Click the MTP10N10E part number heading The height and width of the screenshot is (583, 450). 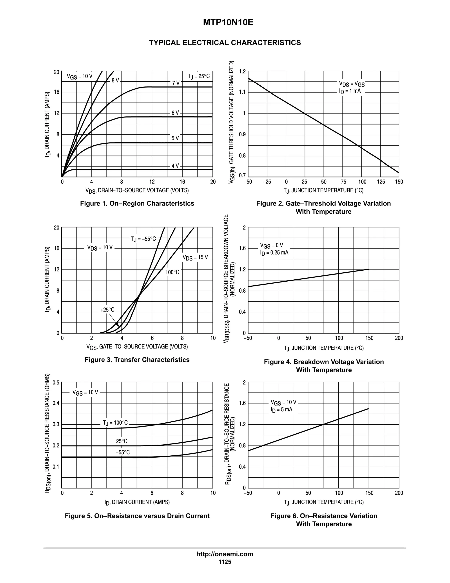pyautogui.click(x=228, y=23)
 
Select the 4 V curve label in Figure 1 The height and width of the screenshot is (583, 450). pyautogui.click(x=175, y=166)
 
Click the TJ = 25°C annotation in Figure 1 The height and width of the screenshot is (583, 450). pyautogui.click(x=199, y=77)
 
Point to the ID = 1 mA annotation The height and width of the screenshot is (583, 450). pyautogui.click(x=350, y=91)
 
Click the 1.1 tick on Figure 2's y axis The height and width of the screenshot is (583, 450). pyautogui.click(x=242, y=92)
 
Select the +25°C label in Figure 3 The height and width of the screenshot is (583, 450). pyautogui.click(x=107, y=310)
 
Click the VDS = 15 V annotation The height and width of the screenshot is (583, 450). pyautogui.click(x=195, y=257)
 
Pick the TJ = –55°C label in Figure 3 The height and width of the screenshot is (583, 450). pyautogui.click(x=143, y=239)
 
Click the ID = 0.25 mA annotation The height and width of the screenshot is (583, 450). pyautogui.click(x=274, y=253)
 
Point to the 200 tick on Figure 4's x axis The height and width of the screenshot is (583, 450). pyautogui.click(x=399, y=338)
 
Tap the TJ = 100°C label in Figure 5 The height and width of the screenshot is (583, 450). pyautogui.click(x=115, y=423)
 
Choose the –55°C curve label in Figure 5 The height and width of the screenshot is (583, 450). pyautogui.click(x=123, y=452)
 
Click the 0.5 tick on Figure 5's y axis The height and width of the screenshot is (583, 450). pyautogui.click(x=56, y=383)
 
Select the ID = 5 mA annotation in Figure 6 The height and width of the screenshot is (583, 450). pyautogui.click(x=281, y=410)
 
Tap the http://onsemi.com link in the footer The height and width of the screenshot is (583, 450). pyautogui.click(x=225, y=554)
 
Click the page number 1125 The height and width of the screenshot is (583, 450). pyautogui.click(x=225, y=562)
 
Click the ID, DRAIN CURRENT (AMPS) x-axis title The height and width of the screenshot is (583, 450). pyautogui.click(x=137, y=502)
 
